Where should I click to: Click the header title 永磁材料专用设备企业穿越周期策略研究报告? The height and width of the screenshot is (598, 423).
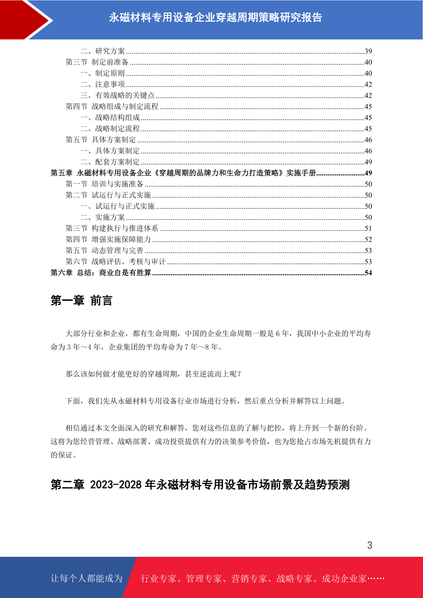point(215,17)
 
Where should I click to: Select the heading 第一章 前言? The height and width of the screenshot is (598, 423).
point(81,301)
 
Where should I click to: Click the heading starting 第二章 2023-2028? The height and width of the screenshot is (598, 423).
point(200,484)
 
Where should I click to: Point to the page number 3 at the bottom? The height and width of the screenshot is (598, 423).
point(369,545)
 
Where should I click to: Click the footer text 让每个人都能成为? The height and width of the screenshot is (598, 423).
point(87,578)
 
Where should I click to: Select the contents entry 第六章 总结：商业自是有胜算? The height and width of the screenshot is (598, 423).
point(101,273)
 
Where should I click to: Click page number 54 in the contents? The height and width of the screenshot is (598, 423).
point(368,273)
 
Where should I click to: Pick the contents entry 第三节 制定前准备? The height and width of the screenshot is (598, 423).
point(97,62)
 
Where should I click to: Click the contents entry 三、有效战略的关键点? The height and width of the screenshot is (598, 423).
point(117,95)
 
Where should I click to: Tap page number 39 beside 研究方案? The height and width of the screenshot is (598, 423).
point(368,51)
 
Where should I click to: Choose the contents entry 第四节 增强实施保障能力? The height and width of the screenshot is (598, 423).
point(108,239)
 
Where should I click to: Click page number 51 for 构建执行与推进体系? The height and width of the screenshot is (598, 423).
point(368,228)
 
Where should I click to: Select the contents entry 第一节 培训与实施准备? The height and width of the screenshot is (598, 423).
point(104,184)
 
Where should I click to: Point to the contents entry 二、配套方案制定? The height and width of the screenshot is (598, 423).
point(110,162)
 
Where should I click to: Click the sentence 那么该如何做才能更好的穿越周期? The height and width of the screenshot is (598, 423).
point(153,374)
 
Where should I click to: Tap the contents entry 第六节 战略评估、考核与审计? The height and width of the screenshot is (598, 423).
point(115,262)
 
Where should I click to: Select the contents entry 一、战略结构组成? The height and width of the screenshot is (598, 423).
point(110,118)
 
